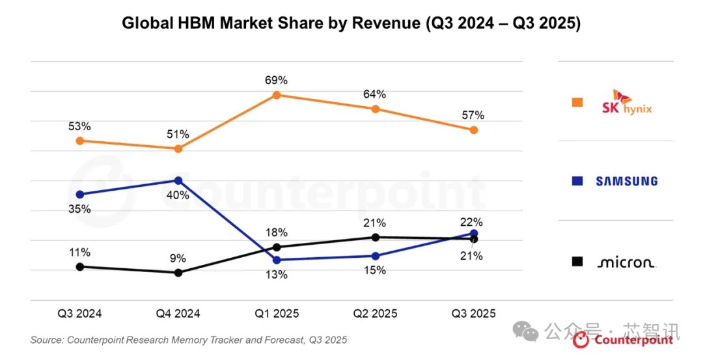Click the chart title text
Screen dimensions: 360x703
(x=351, y=23)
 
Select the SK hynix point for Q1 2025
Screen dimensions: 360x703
(x=276, y=95)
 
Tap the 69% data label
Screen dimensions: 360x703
(x=276, y=80)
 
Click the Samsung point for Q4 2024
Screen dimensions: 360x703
(x=178, y=180)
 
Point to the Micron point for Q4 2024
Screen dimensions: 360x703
(x=178, y=272)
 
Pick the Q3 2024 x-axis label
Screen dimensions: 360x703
(x=79, y=313)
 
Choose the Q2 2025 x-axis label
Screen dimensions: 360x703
(x=375, y=313)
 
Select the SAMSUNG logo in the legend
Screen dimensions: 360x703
(x=626, y=182)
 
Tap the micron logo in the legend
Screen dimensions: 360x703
(x=626, y=262)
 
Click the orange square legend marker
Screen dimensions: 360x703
(x=577, y=102)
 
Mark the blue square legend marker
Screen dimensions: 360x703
(x=577, y=182)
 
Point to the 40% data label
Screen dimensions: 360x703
(x=178, y=195)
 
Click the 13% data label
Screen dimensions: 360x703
(x=276, y=274)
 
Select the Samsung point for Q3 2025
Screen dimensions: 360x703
(x=474, y=233)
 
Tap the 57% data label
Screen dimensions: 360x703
(x=474, y=115)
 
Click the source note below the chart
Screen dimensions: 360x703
(x=189, y=340)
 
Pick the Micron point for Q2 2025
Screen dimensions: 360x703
(x=375, y=237)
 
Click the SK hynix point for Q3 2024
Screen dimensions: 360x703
(x=79, y=141)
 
